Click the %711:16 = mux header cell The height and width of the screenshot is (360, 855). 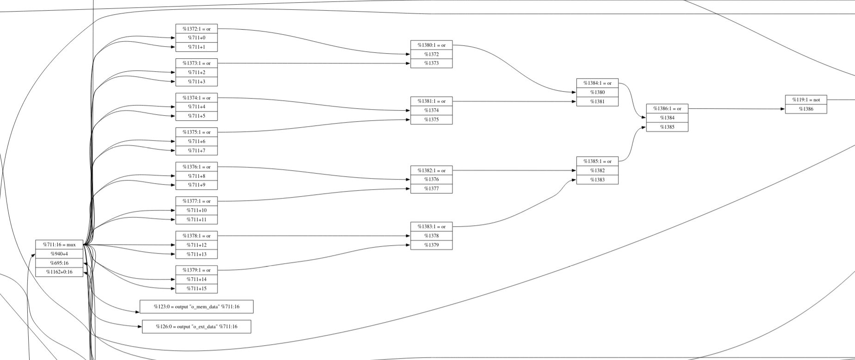click(59, 244)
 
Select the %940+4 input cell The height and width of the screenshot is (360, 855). click(59, 254)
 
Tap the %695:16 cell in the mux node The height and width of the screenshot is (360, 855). click(59, 263)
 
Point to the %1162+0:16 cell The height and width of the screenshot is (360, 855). click(59, 272)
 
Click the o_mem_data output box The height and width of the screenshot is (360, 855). click(197, 306)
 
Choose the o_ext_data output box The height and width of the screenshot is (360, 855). click(197, 327)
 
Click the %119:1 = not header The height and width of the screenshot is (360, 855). click(805, 99)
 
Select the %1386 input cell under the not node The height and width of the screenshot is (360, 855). click(805, 109)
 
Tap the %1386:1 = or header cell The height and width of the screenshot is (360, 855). click(667, 108)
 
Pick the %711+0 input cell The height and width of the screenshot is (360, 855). click(197, 38)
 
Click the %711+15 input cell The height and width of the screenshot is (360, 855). click(197, 289)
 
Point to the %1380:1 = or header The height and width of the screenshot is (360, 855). click(431, 45)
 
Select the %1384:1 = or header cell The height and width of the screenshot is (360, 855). click(597, 83)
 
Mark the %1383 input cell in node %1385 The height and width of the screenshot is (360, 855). click(597, 180)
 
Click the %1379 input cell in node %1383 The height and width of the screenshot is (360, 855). click(431, 245)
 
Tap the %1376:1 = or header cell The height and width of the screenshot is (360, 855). click(197, 167)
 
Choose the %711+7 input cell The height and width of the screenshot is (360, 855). click(197, 151)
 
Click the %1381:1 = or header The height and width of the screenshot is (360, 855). click(431, 101)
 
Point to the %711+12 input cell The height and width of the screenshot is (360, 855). click(197, 245)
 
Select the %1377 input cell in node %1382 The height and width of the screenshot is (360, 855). click(431, 189)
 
